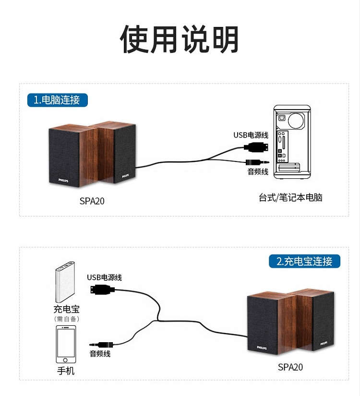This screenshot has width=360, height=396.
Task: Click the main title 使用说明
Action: pos(180,39)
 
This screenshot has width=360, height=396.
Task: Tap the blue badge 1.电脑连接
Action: pos(57,100)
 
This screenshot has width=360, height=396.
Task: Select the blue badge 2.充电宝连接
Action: pos(304,261)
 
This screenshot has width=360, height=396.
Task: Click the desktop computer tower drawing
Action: pos(292,143)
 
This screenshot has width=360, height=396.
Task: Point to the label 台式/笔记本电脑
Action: pos(290,198)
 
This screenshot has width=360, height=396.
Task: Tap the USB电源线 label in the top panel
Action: pos(251,135)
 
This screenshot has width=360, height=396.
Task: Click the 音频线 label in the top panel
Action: pos(258,172)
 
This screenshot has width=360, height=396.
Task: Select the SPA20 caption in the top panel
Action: pos(92,201)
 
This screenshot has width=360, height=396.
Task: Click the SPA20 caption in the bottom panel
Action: pos(290,367)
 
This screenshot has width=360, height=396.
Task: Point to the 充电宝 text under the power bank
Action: pos(66,309)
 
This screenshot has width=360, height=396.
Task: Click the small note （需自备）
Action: pos(66,319)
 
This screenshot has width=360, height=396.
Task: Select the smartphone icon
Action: pos(66,344)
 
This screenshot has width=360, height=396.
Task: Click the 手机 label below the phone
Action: pos(66,371)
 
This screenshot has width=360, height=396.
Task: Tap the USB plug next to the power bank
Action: pos(102,289)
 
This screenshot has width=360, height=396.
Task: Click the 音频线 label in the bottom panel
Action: pos(100,354)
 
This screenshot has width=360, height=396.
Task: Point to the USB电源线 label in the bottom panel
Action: pos(104,277)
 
